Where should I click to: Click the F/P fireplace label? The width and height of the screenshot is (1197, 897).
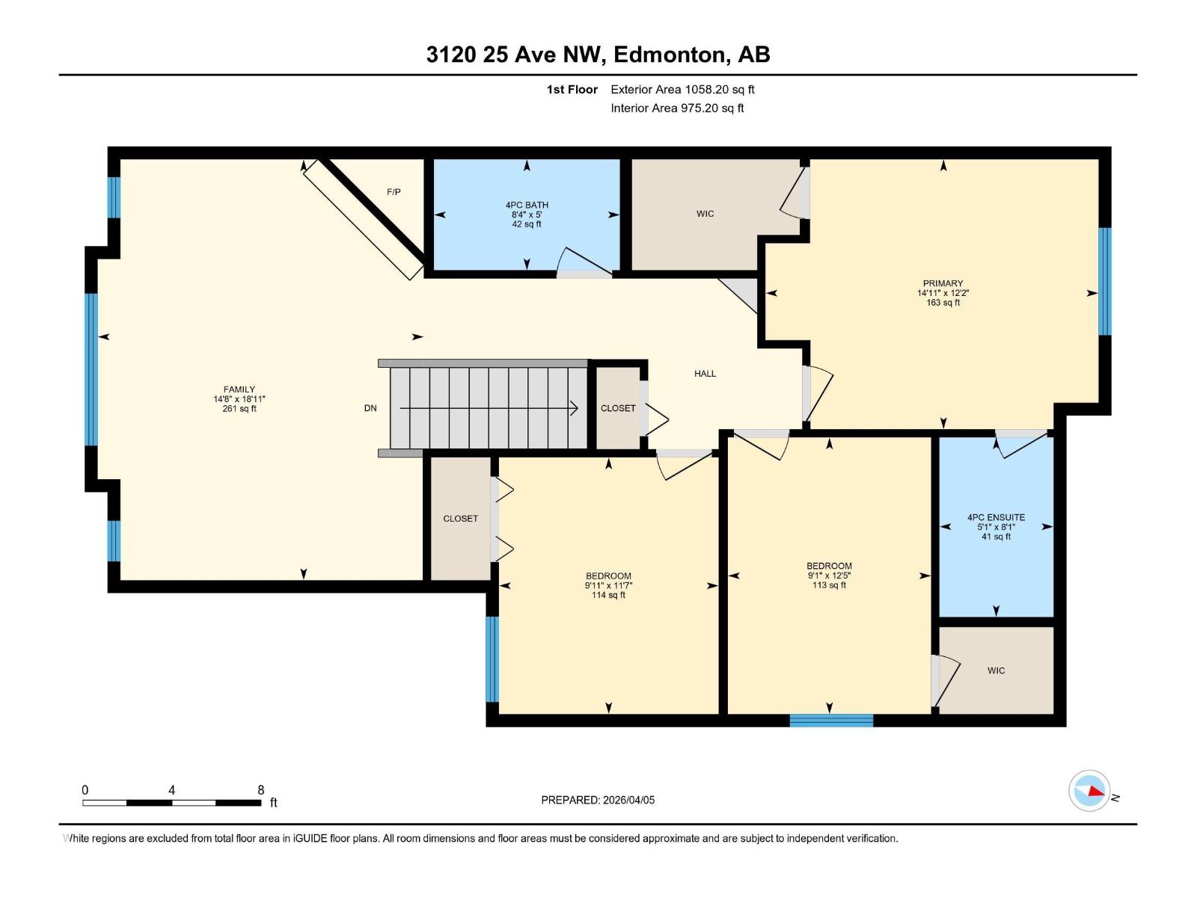(394, 192)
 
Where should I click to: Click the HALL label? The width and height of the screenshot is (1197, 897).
(705, 374)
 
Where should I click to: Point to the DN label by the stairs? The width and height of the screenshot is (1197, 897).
(370, 408)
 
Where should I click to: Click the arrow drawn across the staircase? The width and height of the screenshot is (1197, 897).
(489, 408)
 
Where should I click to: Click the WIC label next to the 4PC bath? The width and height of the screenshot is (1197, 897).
(705, 214)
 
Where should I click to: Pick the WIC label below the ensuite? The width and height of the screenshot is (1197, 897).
(996, 671)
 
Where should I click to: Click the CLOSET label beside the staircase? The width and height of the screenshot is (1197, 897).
(618, 408)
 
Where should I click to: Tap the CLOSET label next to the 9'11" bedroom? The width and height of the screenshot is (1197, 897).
(460, 519)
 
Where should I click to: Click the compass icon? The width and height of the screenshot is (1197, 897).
(1089, 791)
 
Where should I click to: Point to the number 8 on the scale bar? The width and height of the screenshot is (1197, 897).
(260, 790)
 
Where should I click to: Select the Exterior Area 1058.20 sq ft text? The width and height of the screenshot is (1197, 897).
(682, 90)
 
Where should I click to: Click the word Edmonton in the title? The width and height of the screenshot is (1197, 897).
(670, 55)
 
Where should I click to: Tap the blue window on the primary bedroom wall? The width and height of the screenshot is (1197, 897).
(1105, 281)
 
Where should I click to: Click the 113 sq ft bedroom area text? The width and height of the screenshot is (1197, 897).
(829, 585)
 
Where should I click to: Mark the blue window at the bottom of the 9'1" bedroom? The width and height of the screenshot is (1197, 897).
(831, 721)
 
